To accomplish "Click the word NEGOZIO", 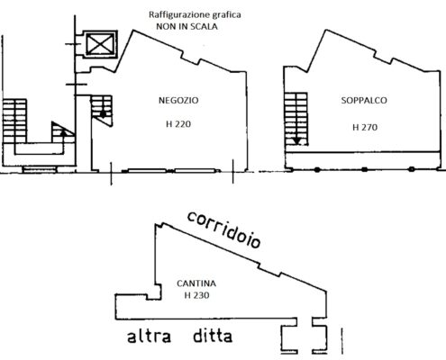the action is point(178,100).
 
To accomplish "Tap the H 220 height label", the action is point(178,124).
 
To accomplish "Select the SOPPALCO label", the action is point(364,100).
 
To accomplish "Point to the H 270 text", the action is point(365,127).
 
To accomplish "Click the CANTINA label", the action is point(196,283).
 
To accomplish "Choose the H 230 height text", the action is point(196,295).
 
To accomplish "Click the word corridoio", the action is point(223,230).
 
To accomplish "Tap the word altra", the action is point(150,336).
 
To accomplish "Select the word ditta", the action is point(213,336).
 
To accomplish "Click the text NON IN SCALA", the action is point(187,26).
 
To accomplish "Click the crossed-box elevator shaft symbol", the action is point(100,44).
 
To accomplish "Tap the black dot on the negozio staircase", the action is point(103,114).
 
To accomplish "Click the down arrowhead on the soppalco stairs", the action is point(297,141).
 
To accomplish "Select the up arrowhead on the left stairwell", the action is point(63,132).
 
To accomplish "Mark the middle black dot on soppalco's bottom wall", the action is point(364,169).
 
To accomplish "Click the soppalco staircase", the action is point(296,119).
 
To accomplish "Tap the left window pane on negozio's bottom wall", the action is point(147,171).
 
